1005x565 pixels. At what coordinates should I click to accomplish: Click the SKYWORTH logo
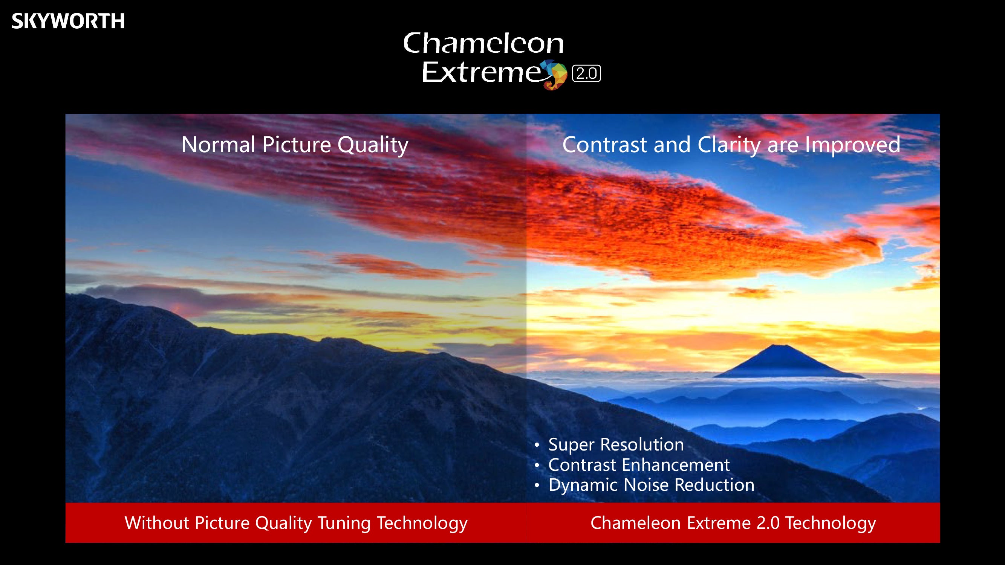(68, 21)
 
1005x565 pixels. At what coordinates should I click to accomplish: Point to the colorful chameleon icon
(554, 75)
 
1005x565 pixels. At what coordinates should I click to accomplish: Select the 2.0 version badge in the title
(586, 73)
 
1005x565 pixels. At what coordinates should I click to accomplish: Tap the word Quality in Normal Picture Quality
(373, 145)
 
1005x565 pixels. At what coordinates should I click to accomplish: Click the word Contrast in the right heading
(604, 145)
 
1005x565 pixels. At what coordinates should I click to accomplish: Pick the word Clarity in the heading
(729, 145)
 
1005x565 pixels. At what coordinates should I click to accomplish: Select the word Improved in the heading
(852, 145)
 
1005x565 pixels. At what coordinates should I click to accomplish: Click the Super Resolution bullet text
(616, 445)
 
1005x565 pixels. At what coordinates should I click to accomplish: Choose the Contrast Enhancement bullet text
(639, 465)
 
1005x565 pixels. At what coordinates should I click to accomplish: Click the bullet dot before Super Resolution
(537, 445)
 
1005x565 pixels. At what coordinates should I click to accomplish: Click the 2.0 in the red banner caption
(768, 523)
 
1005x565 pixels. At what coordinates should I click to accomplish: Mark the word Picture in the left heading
(297, 145)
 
